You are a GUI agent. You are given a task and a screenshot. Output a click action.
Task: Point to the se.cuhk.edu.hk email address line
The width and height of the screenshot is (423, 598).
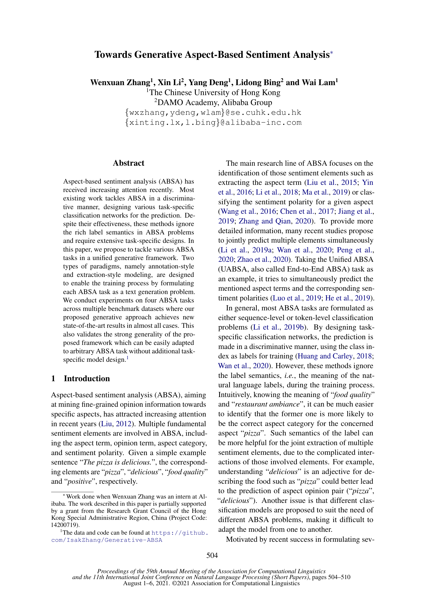point(213,112)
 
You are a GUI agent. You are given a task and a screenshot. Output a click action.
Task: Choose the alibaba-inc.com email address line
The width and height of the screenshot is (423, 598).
point(213,122)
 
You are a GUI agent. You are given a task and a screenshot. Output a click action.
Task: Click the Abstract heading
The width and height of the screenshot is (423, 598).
point(128,163)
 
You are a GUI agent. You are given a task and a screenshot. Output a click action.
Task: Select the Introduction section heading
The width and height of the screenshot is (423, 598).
point(87,378)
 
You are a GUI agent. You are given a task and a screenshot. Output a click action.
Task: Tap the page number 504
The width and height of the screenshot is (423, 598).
point(212,556)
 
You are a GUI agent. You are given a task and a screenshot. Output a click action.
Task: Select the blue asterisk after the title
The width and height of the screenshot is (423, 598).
point(332,53)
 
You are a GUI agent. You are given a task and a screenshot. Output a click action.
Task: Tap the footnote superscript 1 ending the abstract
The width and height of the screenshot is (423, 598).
point(127,358)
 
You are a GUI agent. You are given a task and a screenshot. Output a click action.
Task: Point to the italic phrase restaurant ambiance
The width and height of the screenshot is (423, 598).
point(267,404)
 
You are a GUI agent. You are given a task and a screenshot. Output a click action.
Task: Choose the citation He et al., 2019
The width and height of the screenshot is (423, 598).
point(348,298)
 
